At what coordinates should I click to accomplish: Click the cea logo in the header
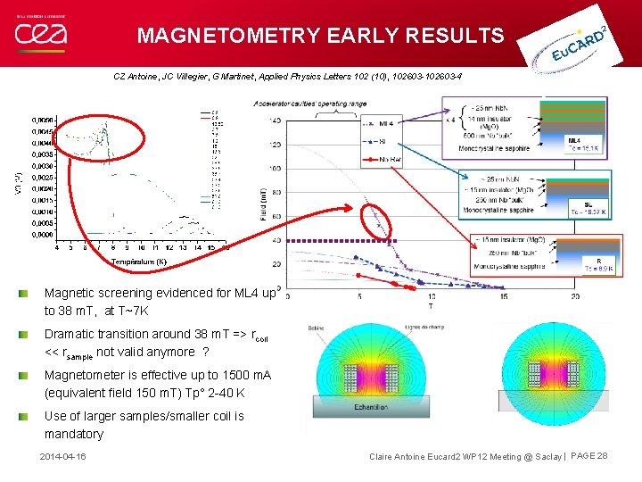pos(40,34)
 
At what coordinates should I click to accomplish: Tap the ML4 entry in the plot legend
pos(386,123)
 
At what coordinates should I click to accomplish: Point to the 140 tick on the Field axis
pos(276,120)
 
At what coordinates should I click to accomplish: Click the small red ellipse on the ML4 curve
pos(379,226)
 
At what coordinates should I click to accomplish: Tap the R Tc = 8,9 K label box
pos(585,264)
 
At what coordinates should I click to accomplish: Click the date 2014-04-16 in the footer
pos(63,456)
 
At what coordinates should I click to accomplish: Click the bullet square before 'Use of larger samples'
pos(35,416)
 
